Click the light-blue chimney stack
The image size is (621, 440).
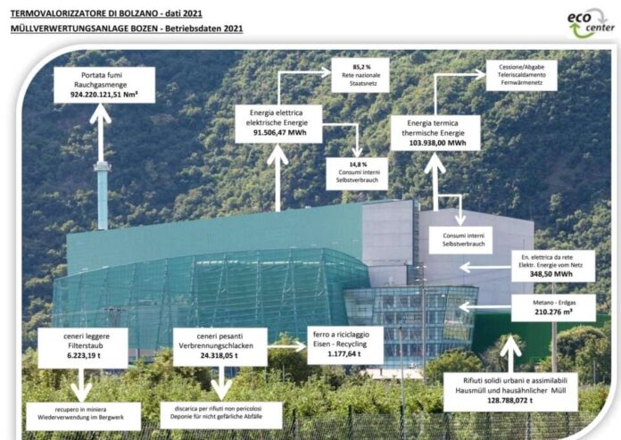coord(103,195)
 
